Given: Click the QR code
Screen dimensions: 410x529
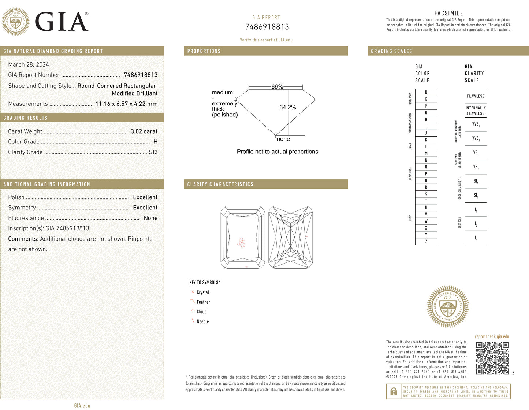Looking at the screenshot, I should click(492, 358).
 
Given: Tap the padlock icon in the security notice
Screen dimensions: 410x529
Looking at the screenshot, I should click(394, 391).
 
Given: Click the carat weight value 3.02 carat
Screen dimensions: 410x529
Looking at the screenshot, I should click(144, 131).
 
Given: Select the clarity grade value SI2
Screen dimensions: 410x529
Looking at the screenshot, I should click(153, 152).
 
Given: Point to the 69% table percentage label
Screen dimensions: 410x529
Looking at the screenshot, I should click(277, 87).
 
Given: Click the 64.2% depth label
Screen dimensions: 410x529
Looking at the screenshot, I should click(287, 107).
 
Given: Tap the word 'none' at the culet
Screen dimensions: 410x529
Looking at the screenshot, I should click(283, 139).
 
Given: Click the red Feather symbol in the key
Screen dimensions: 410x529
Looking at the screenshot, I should click(193, 302).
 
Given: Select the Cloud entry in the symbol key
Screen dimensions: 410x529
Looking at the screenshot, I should click(201, 312).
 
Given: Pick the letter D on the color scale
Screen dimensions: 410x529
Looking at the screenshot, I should click(426, 93).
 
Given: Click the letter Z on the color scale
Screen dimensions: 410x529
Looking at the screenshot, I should click(426, 242).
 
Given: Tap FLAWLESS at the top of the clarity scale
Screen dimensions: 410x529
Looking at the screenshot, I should click(476, 96).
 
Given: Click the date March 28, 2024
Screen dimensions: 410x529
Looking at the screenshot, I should click(29, 65).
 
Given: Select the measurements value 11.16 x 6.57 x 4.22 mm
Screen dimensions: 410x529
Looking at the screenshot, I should click(126, 104).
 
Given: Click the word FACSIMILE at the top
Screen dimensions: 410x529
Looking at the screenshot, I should click(448, 13).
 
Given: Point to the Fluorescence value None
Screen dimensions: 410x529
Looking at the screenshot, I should click(150, 218).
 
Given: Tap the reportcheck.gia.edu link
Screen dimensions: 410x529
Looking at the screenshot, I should click(492, 336).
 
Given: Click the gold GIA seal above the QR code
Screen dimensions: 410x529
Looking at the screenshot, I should click(448, 306).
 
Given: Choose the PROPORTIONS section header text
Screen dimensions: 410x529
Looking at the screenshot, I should click(204, 51).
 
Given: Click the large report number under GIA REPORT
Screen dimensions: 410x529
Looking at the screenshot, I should click(267, 27).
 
